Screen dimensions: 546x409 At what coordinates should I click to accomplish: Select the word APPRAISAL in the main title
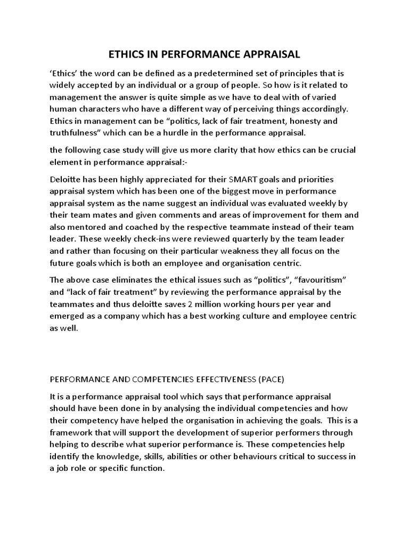270,54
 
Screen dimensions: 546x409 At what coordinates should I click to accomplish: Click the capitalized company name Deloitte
68,179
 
